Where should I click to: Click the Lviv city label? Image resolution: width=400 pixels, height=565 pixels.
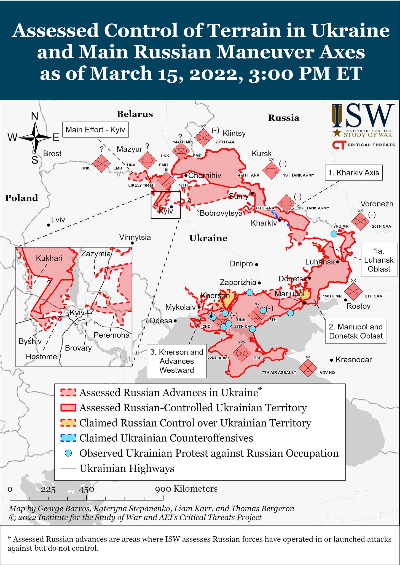point(58,220)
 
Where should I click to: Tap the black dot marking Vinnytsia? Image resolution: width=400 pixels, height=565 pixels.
point(132,243)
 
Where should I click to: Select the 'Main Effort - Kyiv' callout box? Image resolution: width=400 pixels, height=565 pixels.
point(95,130)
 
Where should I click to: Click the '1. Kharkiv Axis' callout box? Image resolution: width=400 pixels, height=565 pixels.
point(354,173)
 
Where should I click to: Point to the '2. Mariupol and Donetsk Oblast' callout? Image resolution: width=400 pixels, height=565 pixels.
point(356,331)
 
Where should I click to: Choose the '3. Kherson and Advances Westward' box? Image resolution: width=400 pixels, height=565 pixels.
point(177,361)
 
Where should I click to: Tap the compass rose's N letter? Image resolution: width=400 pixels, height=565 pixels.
point(34,116)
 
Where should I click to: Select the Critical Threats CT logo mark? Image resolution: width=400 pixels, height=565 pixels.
point(339,145)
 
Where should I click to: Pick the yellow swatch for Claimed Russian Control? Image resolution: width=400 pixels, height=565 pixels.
point(68,423)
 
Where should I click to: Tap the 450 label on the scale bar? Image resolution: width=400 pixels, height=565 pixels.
point(86,490)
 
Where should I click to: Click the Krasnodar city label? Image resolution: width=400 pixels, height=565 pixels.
point(354,359)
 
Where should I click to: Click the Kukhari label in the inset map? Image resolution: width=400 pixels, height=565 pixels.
point(49,258)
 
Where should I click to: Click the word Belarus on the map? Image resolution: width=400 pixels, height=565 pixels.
point(135,114)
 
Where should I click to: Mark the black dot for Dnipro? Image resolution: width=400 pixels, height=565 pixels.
point(256,264)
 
